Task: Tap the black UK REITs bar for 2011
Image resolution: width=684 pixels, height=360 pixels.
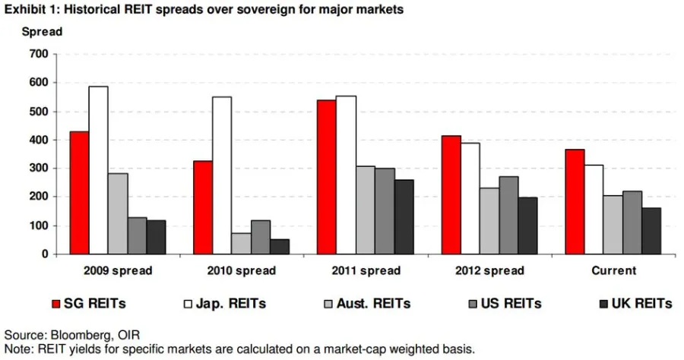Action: [404, 217]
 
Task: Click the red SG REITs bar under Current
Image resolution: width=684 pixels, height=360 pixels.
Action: [575, 202]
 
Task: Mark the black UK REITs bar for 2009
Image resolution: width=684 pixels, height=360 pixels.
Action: [156, 237]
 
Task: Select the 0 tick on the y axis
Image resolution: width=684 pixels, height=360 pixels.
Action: [45, 254]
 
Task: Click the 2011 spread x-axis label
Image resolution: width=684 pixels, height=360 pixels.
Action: [365, 270]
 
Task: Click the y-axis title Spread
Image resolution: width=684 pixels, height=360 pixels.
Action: [42, 32]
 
